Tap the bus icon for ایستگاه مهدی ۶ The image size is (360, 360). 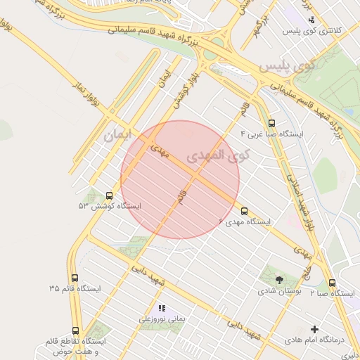click(x=245, y=211)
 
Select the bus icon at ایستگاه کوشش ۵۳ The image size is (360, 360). click(x=109, y=196)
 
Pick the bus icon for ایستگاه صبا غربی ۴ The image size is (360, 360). click(x=272, y=122)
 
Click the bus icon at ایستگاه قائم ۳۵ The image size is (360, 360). click(x=75, y=278)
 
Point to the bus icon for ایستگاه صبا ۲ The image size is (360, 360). click(x=332, y=283)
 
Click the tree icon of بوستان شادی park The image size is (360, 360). click(x=279, y=280)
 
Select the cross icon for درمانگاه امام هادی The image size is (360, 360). click(x=314, y=329)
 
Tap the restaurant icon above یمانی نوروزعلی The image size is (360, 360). click(x=162, y=308)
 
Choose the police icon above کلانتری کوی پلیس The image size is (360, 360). click(x=311, y=20)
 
